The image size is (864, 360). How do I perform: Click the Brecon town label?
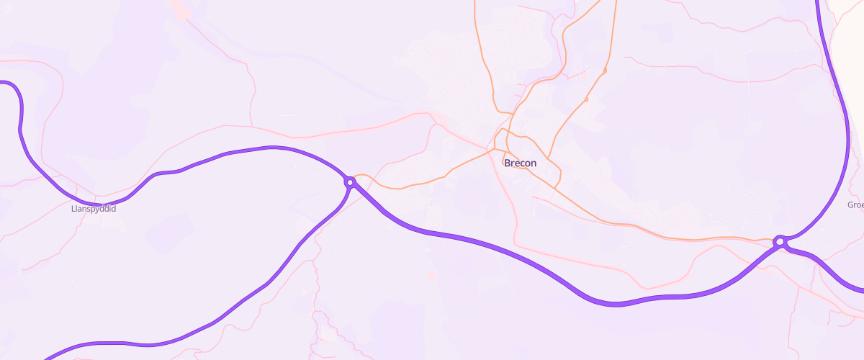click(x=520, y=163)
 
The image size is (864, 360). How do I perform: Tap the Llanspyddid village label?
click(x=94, y=209)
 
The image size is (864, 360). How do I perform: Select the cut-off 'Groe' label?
click(x=855, y=205)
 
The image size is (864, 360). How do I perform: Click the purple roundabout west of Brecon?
click(x=350, y=182)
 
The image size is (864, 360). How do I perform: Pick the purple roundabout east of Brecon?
click(x=779, y=241)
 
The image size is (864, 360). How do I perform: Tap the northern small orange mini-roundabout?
click(x=606, y=71)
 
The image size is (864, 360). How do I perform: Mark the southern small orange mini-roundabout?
click(x=587, y=99)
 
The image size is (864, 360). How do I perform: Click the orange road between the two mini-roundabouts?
click(x=596, y=85)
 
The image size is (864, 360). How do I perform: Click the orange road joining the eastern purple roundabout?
click(x=756, y=239)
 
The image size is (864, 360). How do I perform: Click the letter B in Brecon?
click(x=508, y=163)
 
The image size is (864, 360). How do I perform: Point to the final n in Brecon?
click(x=533, y=163)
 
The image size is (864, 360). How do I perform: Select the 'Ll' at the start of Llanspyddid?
click(x=73, y=209)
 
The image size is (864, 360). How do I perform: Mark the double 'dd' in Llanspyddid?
click(x=104, y=209)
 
